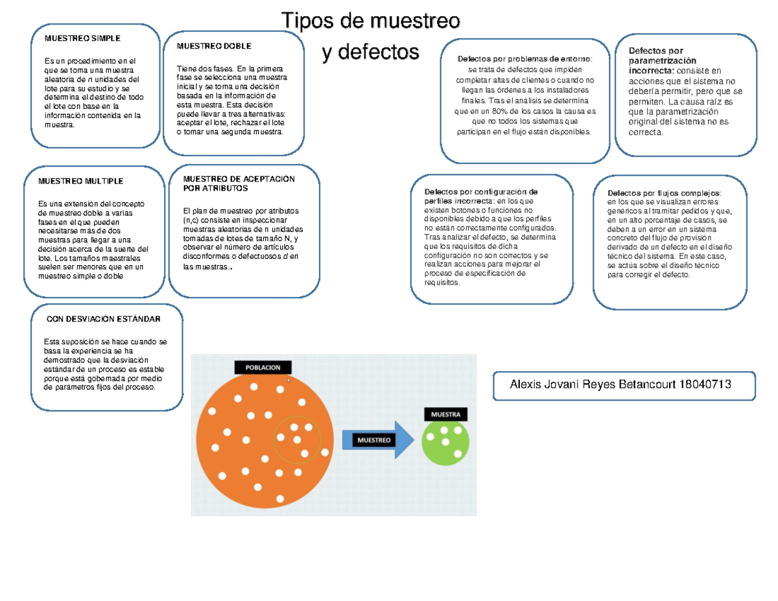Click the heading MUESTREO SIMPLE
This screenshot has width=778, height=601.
tap(82, 38)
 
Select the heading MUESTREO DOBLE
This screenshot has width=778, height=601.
tap(214, 46)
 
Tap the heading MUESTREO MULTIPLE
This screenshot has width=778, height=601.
tap(80, 181)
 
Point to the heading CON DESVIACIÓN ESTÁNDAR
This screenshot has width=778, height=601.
tap(104, 319)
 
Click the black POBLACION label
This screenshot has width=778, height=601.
tap(263, 368)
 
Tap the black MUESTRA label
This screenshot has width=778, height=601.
tap(446, 414)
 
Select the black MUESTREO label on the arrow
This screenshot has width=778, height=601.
tap(374, 440)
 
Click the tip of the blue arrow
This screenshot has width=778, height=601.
tap(414, 440)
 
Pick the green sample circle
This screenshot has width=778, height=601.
tap(445, 442)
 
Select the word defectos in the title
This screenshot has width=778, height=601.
tap(379, 52)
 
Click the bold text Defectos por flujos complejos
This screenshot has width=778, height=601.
tap(664, 193)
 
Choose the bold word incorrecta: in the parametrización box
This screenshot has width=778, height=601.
tap(652, 71)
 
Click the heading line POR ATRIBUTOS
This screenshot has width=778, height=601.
tap(215, 188)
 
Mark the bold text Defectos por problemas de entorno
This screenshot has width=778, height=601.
tap(524, 59)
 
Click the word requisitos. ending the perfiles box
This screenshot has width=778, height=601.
tap(442, 283)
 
